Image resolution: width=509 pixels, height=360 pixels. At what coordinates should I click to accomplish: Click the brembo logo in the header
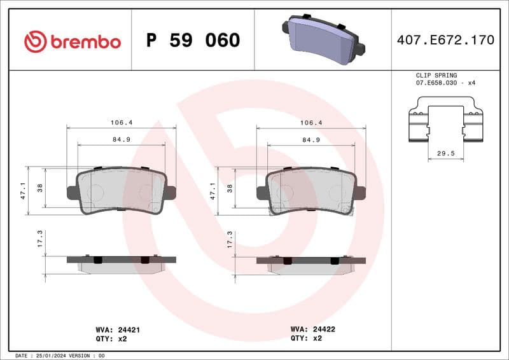(x=72, y=42)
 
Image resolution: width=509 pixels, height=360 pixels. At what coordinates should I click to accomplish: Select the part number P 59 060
(x=193, y=41)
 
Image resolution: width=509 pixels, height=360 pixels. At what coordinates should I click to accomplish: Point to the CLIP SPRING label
(x=436, y=75)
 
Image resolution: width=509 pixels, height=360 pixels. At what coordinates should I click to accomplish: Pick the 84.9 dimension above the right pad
(x=310, y=139)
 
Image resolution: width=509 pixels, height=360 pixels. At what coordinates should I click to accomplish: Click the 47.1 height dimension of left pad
(x=24, y=191)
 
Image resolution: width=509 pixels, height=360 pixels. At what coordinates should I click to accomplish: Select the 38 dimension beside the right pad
(x=230, y=188)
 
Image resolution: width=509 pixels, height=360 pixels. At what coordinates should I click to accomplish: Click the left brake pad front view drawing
(x=121, y=191)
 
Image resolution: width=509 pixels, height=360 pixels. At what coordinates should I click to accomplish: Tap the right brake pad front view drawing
(x=310, y=191)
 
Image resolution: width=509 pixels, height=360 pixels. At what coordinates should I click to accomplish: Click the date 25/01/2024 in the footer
(x=48, y=355)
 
